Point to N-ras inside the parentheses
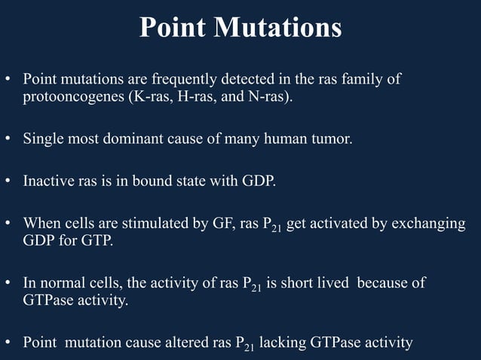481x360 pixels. [266, 99]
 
